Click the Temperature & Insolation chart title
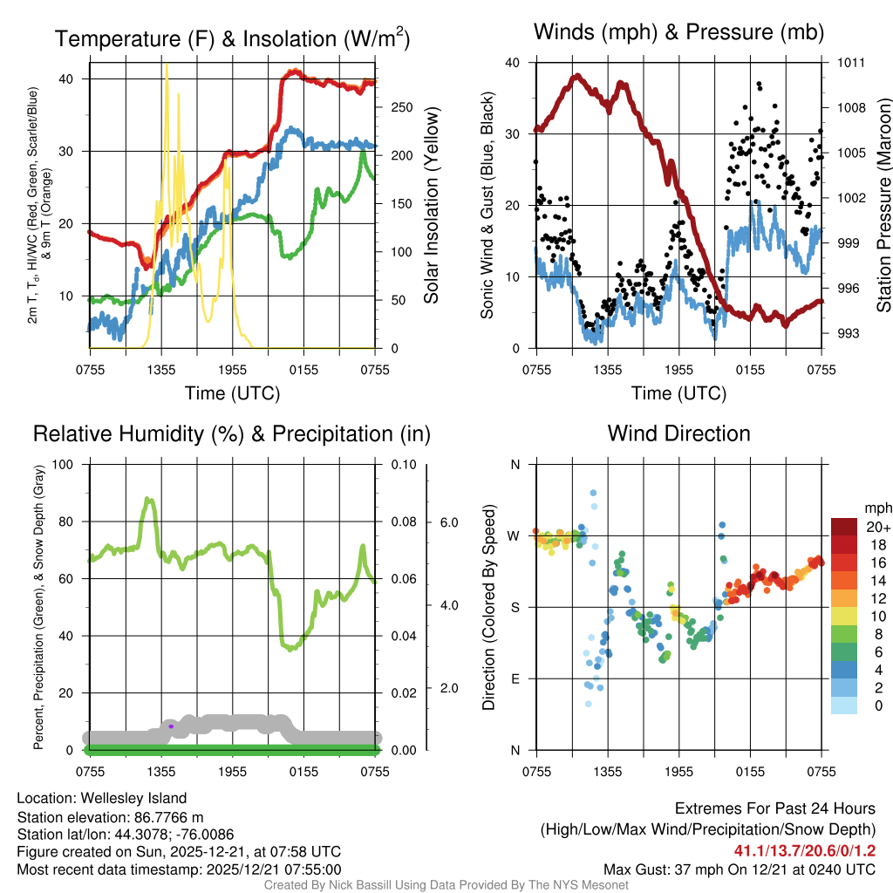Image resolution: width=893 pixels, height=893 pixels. click(x=232, y=38)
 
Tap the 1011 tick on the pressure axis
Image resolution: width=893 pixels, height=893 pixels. click(x=851, y=63)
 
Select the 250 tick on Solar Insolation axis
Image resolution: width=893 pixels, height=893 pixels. click(x=401, y=107)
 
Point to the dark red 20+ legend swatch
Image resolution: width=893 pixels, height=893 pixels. click(x=846, y=527)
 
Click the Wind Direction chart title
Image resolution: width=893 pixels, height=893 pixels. click(x=678, y=433)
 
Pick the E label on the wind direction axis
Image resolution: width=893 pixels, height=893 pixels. click(x=515, y=678)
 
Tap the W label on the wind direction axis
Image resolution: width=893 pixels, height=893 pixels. click(x=514, y=535)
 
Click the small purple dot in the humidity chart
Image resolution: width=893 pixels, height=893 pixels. click(x=171, y=726)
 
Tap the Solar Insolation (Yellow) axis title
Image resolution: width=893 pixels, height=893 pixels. click(x=431, y=206)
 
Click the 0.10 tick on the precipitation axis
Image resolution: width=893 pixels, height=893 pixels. click(x=402, y=465)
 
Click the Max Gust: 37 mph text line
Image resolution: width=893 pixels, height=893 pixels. click(x=740, y=869)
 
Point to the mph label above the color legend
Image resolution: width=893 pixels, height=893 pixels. click(x=878, y=508)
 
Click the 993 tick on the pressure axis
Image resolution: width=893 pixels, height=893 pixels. click(x=851, y=333)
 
